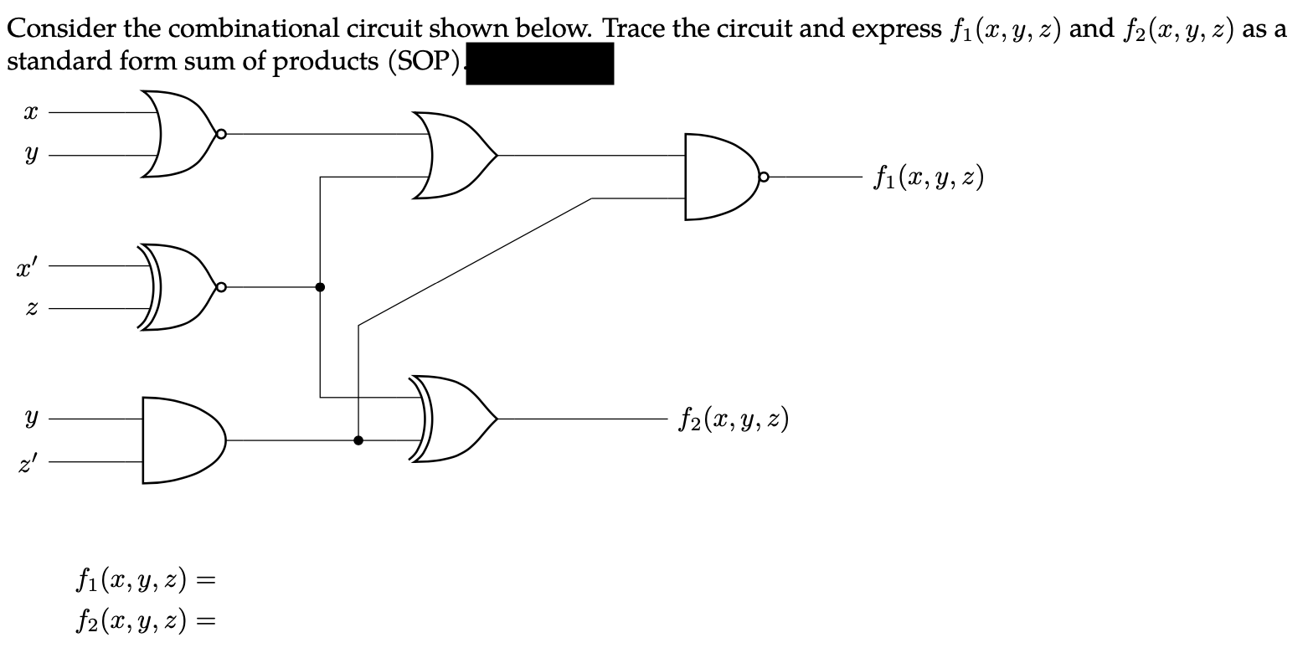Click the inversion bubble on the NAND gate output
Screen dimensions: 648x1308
click(765, 177)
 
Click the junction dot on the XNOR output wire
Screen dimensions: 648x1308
click(320, 287)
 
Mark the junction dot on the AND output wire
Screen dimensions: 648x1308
click(358, 440)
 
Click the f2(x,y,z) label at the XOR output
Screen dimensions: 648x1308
click(733, 418)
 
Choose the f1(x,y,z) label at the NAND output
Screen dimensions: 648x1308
click(927, 177)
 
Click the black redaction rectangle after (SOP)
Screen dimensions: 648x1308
click(539, 64)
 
